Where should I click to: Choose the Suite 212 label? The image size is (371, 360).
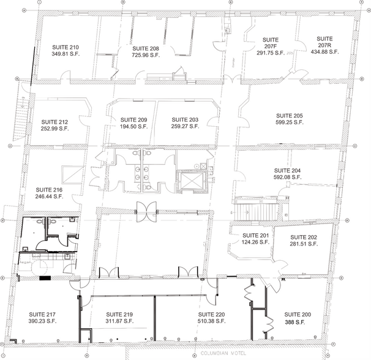[54, 121]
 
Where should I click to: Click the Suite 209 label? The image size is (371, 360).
[133, 119]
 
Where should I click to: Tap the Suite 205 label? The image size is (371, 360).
[289, 115]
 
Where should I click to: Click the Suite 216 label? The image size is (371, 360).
[50, 190]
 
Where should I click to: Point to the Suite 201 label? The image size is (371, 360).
[255, 236]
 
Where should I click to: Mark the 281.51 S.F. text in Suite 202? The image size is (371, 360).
[304, 244]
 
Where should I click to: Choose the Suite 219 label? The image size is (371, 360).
[119, 315]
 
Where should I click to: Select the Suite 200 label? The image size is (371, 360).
[298, 315]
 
